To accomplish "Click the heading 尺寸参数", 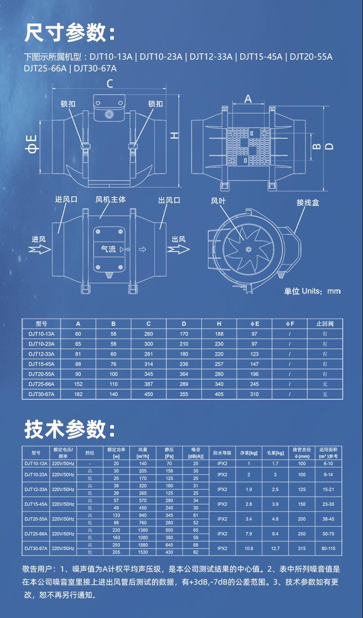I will tap(69, 33).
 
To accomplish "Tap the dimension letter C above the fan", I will tap(110, 84).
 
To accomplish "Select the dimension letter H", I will tap(175, 135).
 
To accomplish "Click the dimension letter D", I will tap(329, 146).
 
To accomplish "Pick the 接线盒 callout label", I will tap(307, 202).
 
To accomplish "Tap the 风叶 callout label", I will tap(218, 201).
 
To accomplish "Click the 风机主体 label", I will tap(110, 199).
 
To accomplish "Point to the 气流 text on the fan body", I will tap(108, 249).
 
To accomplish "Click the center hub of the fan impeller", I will tap(248, 249).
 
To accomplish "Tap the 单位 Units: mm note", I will tap(312, 291).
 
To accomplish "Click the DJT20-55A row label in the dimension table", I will tap(41, 374).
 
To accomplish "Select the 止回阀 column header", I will tap(325, 323).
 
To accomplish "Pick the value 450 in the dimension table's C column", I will tap(148, 394).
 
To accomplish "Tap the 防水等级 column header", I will tap(222, 453).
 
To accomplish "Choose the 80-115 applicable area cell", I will tap(329, 548).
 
